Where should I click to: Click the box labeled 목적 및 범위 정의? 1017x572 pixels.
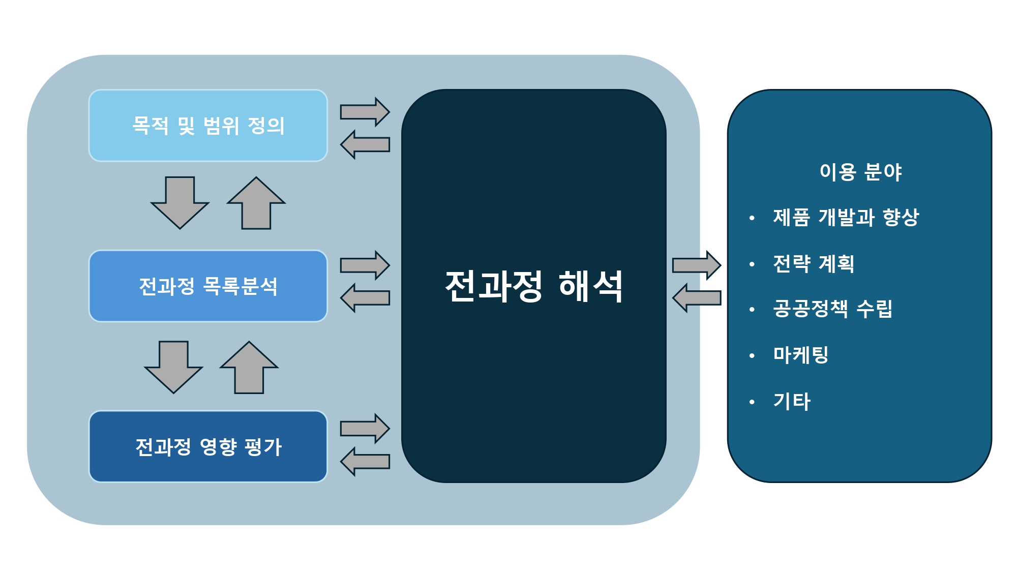click(x=208, y=126)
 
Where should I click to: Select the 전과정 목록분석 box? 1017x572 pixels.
click(x=208, y=286)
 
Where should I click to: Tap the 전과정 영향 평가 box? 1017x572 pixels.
click(x=208, y=446)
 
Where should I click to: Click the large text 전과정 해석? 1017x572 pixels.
click(x=533, y=286)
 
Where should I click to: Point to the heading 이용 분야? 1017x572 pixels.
click(x=860, y=172)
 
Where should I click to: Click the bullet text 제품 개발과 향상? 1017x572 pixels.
click(x=846, y=218)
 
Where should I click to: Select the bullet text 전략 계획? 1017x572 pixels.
click(x=813, y=263)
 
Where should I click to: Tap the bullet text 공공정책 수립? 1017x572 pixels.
click(x=832, y=309)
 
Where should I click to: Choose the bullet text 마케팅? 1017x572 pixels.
click(x=800, y=355)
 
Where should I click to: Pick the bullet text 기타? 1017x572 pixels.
click(x=791, y=401)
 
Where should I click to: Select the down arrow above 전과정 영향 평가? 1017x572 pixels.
click(x=173, y=367)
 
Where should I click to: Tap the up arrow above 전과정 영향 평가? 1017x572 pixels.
click(x=249, y=367)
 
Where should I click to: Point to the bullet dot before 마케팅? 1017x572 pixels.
click(x=752, y=356)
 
